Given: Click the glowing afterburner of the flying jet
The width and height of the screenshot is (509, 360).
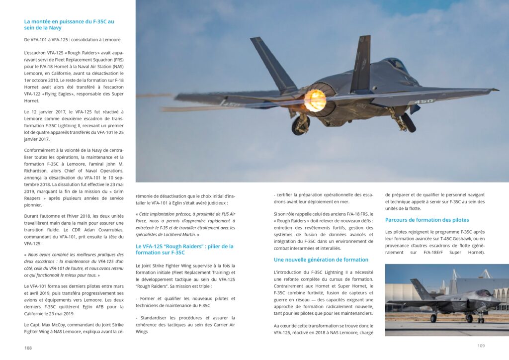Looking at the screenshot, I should tap(315, 100).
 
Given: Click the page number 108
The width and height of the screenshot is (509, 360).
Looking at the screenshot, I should tap(28, 348).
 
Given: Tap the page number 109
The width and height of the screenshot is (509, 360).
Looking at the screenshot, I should tap(481, 346).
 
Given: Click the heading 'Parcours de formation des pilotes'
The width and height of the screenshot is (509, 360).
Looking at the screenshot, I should tap(426, 220).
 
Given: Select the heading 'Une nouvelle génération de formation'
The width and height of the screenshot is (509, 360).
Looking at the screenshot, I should tap(321, 260).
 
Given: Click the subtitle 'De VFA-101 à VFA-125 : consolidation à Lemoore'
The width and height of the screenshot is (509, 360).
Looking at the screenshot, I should tap(72, 39).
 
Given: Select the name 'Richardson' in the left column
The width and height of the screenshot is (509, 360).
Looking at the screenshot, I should tap(41, 171).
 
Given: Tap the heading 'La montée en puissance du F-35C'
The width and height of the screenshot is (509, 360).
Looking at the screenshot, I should tap(69, 21).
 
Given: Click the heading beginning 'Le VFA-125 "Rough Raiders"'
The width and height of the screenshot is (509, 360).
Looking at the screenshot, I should tap(184, 246).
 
